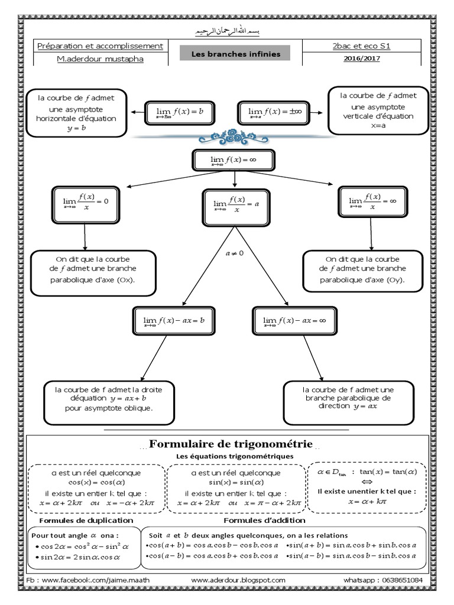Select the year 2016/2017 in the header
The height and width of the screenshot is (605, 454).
point(361,58)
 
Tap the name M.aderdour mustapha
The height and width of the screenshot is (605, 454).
point(99,58)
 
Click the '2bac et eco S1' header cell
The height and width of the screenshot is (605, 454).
point(361,45)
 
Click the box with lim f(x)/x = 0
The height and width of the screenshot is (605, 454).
point(86,202)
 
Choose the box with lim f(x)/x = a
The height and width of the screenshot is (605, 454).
point(236,204)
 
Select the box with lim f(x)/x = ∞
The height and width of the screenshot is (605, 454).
point(371,202)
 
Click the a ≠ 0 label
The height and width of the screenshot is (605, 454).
point(235,253)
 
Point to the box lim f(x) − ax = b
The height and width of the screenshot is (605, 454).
point(174,320)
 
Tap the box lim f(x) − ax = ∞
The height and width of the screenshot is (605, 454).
point(294,320)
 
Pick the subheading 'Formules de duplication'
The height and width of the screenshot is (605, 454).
point(86,520)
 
